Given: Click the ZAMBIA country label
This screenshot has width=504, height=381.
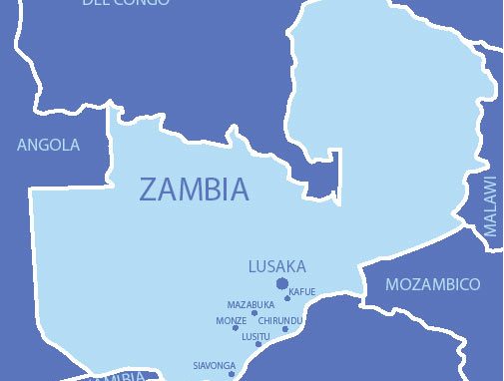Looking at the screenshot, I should (194, 190).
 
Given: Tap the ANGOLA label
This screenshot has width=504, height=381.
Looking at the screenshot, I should (48, 146).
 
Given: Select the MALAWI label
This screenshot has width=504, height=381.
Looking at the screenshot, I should (489, 205).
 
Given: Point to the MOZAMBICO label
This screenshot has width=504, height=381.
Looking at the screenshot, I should (432, 284).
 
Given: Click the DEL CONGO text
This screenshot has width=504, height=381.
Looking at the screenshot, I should (126, 4).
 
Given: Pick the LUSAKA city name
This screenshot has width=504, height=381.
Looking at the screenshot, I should (276, 266).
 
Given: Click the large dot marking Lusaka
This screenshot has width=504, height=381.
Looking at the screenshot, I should (282, 284).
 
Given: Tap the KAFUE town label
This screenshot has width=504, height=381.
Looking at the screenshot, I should (302, 291).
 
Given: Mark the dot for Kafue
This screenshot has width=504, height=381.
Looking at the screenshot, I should (287, 297).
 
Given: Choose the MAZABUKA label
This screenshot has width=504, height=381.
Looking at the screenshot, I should (251, 304).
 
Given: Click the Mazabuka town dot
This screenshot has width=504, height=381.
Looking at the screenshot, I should (254, 313).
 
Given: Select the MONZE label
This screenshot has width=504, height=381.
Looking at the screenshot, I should (231, 320).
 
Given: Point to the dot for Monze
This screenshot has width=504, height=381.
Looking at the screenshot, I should (237, 327).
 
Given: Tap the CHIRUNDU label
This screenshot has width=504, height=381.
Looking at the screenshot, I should (279, 320).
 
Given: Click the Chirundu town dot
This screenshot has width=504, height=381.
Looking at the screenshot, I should (284, 328).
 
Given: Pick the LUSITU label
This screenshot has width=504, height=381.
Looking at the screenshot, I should (255, 336).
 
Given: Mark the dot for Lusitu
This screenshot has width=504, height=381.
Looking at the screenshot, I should (258, 344).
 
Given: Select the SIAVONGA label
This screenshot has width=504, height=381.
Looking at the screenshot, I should (214, 365).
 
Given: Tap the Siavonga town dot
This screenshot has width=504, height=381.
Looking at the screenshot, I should (232, 374).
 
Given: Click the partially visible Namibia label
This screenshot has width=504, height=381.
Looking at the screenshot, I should (120, 377).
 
